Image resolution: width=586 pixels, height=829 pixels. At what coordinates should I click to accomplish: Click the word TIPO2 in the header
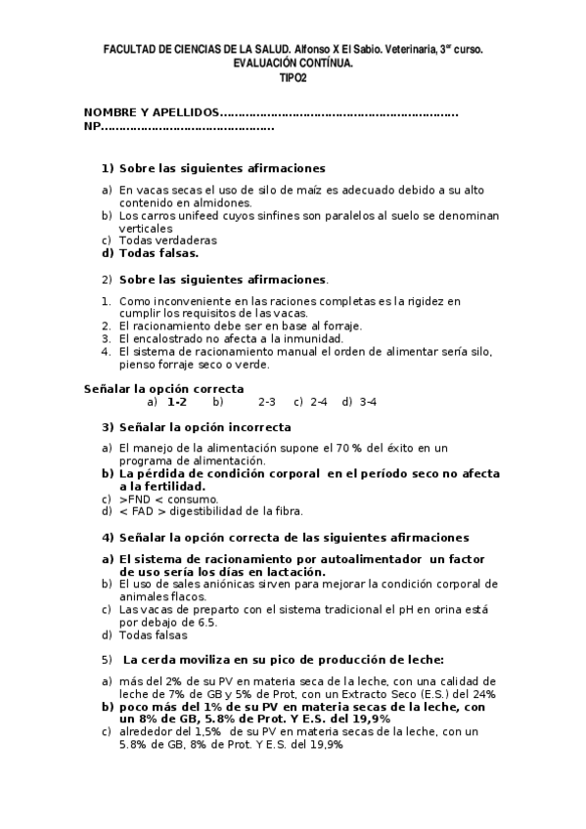point(293,76)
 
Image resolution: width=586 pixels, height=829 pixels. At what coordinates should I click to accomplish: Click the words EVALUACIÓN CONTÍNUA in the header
point(293,62)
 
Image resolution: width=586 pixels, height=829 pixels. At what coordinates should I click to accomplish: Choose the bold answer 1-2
point(177,402)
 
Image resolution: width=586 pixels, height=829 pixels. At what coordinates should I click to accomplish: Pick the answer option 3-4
point(368,402)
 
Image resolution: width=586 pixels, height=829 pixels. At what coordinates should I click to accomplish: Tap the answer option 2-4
point(319,402)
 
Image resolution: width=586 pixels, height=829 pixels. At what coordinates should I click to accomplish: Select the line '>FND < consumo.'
point(168,498)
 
